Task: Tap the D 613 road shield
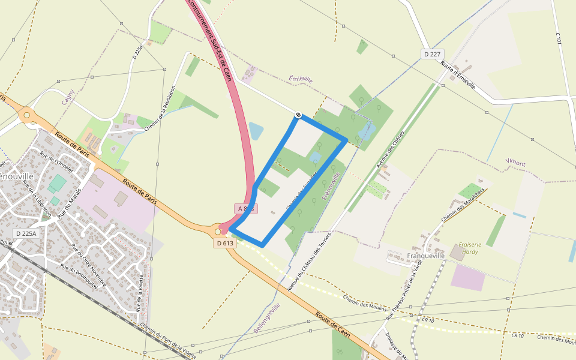point(223,243)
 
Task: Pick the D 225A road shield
point(26,233)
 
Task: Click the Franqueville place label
point(426,255)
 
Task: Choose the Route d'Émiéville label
point(458,76)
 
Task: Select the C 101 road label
point(559,40)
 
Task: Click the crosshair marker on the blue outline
point(298,114)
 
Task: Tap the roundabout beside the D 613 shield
point(217,231)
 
